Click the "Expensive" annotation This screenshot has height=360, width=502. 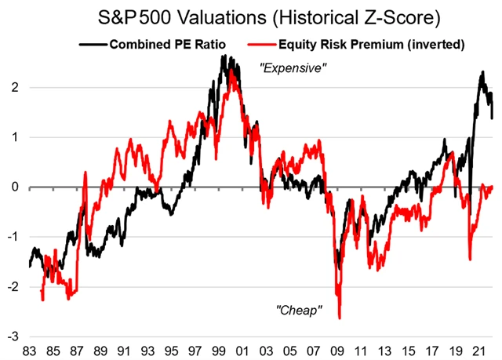click(292, 69)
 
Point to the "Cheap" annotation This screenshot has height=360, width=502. click(300, 311)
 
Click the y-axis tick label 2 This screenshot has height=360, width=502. click(16, 88)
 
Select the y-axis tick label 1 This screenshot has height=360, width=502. click(16, 137)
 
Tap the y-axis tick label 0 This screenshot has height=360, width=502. click(16, 187)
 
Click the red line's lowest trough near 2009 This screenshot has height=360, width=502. click(340, 318)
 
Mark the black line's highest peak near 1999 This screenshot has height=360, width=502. click(224, 56)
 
